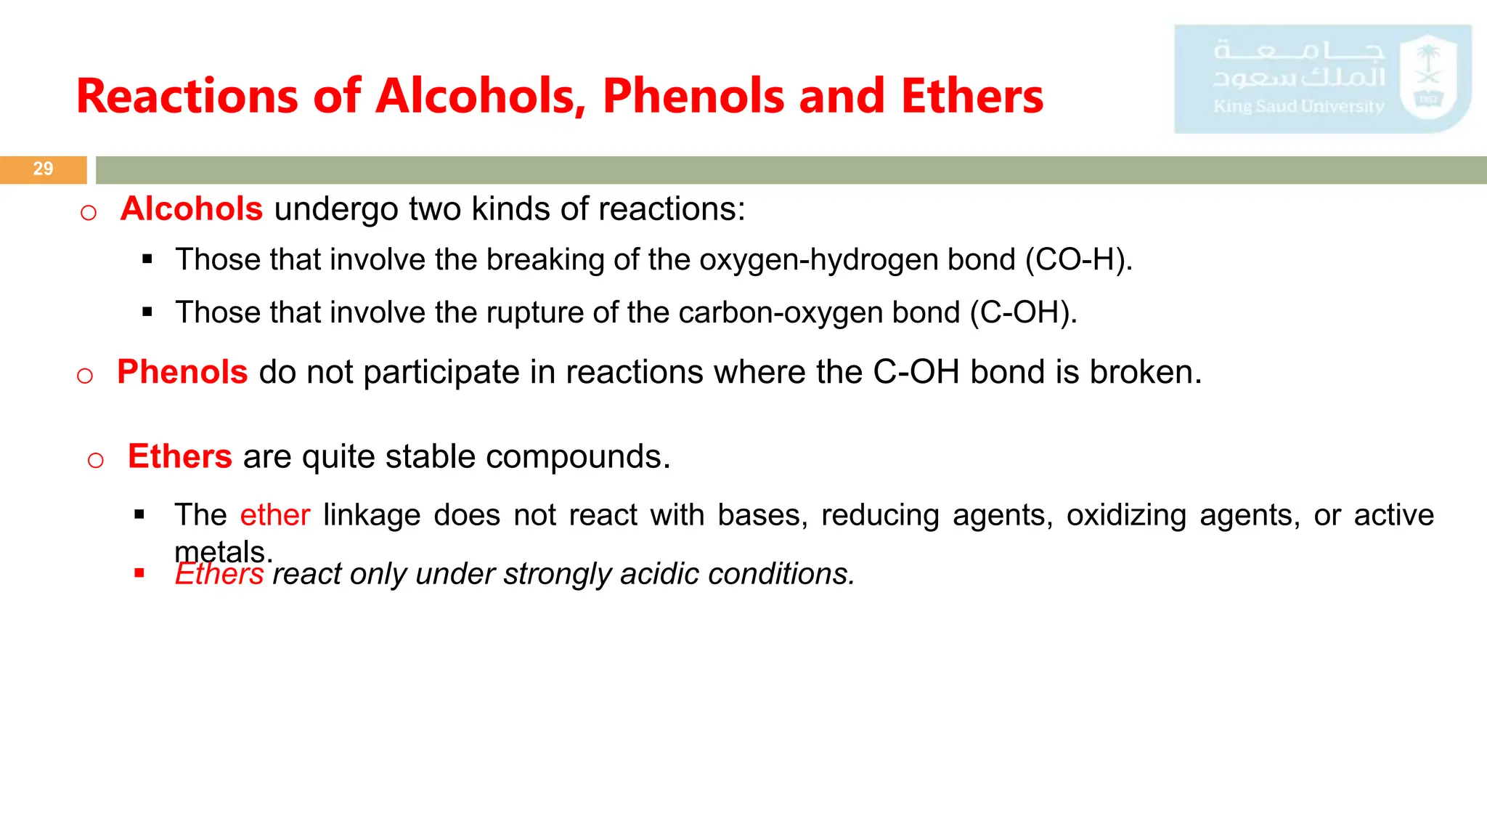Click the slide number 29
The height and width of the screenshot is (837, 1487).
click(x=43, y=169)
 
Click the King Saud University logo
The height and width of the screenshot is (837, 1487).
click(x=1322, y=79)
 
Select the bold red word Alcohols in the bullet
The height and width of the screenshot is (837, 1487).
click(x=192, y=209)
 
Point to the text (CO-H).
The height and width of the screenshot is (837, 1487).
click(x=1079, y=260)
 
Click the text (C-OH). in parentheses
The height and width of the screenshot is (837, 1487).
click(x=1024, y=312)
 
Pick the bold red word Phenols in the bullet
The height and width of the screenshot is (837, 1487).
click(x=182, y=372)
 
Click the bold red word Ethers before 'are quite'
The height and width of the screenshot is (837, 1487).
click(x=180, y=457)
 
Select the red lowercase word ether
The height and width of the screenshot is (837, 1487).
click(x=275, y=515)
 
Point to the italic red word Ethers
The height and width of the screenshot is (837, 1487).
click(x=219, y=575)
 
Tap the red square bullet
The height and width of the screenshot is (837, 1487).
click(x=139, y=574)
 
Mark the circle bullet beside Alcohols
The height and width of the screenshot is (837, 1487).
click(x=89, y=213)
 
